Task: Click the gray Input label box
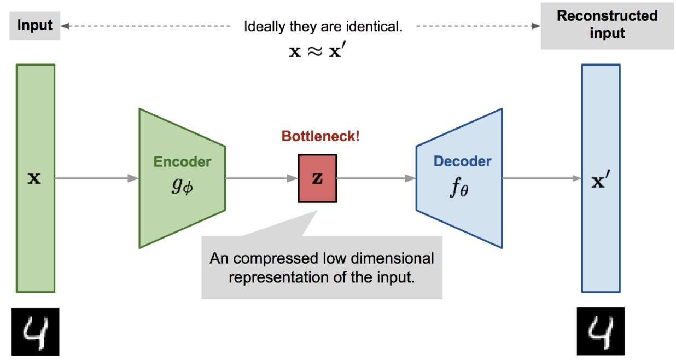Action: tap(34, 26)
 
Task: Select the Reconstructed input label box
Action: tap(607, 25)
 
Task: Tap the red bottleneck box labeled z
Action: tap(317, 178)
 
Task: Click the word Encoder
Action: tap(182, 162)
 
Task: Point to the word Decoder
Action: tap(462, 161)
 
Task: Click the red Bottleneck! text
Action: tap(320, 136)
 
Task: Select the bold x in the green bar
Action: tap(34, 178)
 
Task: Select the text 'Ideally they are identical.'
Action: tap(323, 27)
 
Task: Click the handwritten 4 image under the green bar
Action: tap(34, 332)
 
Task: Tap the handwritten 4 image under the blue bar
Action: tap(601, 332)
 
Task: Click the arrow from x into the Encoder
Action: tap(96, 178)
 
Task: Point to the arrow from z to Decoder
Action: tap(376, 178)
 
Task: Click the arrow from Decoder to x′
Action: tap(541, 178)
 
